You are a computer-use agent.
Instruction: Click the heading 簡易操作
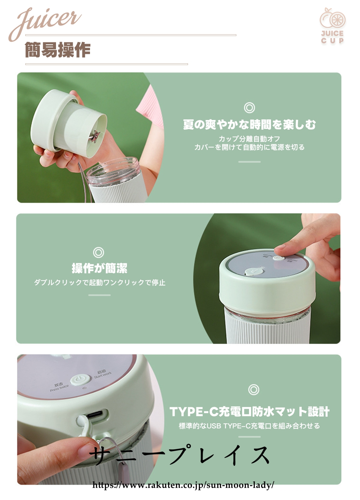coord(58,50)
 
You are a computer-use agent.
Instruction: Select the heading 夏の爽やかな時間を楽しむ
coord(249,124)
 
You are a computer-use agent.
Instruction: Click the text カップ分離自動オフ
coord(249,139)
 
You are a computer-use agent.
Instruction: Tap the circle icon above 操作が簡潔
coord(98,252)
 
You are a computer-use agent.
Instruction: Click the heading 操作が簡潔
coord(99,268)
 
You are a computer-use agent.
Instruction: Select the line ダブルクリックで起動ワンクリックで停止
coord(100,283)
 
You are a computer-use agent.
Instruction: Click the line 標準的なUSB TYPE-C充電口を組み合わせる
coord(249,426)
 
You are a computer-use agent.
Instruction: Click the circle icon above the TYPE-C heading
coord(254,390)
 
